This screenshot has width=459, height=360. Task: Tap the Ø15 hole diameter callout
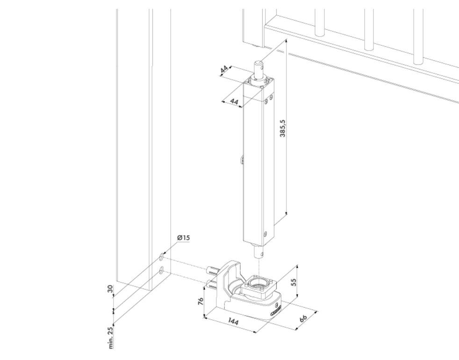183,238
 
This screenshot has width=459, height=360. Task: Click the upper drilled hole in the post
161,257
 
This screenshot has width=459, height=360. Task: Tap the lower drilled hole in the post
161,270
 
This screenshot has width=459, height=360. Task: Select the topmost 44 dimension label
225,69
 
